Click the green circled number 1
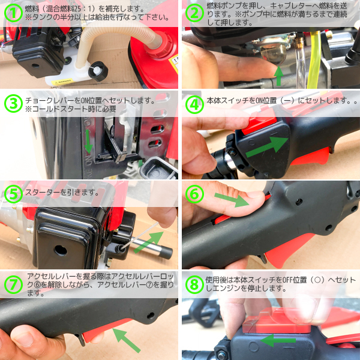point(13,13)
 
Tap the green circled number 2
point(194,13)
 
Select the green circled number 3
point(13,103)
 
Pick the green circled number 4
point(194,104)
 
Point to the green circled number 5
point(13,194)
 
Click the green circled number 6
point(194,194)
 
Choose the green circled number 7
point(13,284)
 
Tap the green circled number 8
point(194,284)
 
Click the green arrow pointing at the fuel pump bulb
point(279,76)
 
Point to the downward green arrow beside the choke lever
point(88,141)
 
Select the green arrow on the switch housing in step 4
point(267,147)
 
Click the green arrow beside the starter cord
point(149,242)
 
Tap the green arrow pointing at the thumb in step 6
point(232,200)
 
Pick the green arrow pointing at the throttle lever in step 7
point(126,340)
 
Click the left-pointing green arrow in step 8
point(278,340)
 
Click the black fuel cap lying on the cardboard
point(98,71)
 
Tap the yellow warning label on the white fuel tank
point(62,82)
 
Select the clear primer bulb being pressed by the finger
point(273,53)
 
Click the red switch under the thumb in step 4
point(259,122)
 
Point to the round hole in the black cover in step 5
point(61,250)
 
